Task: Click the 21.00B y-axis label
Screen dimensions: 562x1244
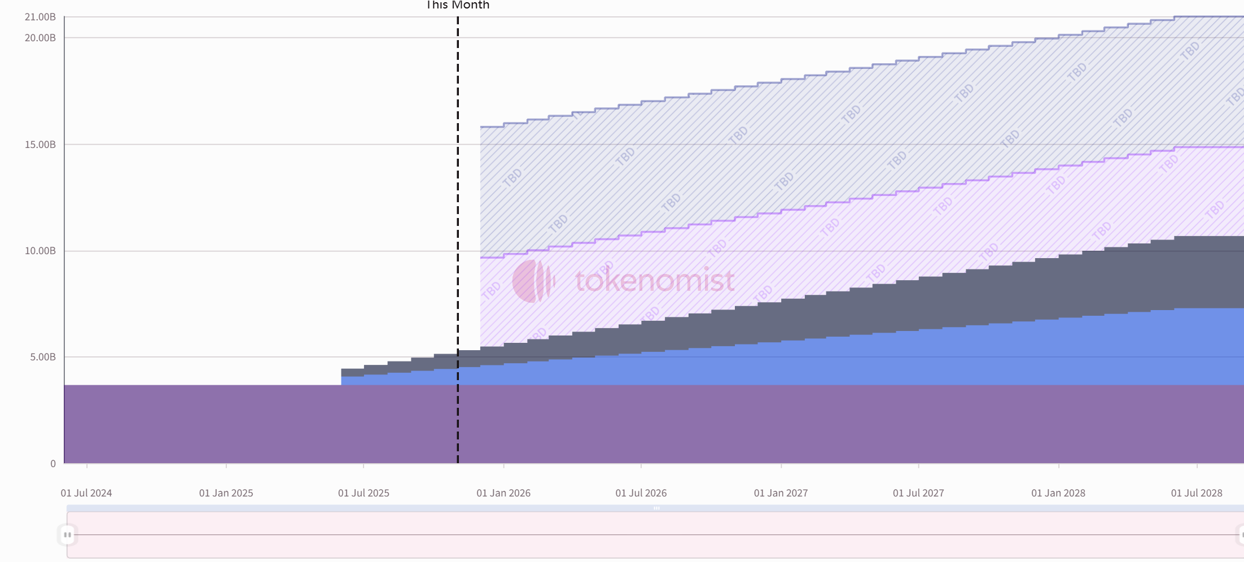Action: [x=40, y=17]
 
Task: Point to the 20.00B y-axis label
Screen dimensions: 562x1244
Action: [x=40, y=38]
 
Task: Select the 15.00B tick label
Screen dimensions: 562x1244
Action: [x=40, y=145]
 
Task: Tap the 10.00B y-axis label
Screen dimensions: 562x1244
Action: [x=40, y=251]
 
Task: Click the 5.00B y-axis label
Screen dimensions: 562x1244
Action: [x=43, y=357]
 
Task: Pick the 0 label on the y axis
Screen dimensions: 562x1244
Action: [x=53, y=464]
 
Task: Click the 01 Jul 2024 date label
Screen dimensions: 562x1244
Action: [x=86, y=493]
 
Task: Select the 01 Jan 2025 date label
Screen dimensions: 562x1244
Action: [x=226, y=493]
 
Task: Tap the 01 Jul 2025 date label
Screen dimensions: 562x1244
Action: [x=363, y=493]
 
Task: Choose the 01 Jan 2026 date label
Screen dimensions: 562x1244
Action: [x=503, y=493]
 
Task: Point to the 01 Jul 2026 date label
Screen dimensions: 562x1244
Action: [x=641, y=493]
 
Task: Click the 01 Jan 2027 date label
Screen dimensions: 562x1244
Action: [x=781, y=493]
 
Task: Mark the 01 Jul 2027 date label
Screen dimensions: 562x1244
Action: [x=918, y=493]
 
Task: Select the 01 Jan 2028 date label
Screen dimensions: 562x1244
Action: [x=1058, y=493]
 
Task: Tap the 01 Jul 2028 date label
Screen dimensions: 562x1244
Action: [x=1197, y=493]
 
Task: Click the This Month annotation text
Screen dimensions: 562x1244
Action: [x=458, y=5]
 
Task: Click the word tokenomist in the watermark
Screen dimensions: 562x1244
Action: [x=655, y=281]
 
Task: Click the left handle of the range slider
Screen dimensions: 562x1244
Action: [x=67, y=534]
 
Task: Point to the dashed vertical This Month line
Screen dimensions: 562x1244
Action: [x=458, y=226]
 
